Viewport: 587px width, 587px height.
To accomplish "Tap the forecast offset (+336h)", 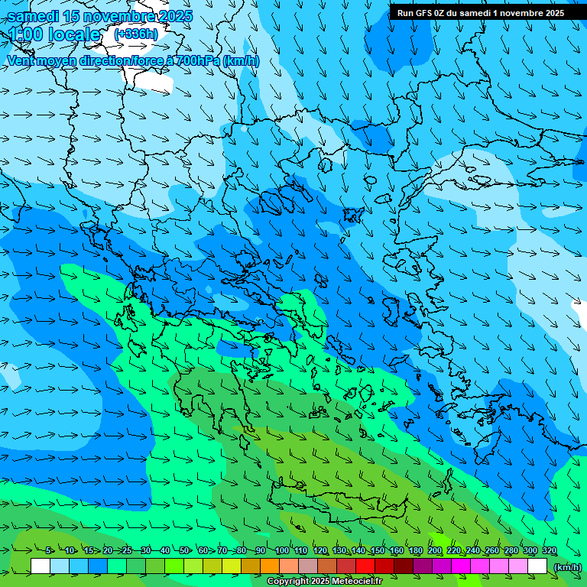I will click(x=136, y=34).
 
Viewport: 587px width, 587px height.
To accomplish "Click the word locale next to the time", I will click(x=73, y=34).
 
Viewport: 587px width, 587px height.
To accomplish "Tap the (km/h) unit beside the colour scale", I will click(x=567, y=566).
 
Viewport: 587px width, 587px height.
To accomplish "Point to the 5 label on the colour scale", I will click(x=48, y=551).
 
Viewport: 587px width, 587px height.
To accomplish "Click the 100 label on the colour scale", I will click(x=281, y=551).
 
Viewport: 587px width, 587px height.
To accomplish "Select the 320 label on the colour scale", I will click(x=549, y=551).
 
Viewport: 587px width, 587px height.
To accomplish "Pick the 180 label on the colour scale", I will click(x=415, y=551).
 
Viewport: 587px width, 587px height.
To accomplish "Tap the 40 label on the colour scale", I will click(x=165, y=551).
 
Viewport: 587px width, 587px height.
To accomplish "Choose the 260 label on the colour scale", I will click(x=491, y=551).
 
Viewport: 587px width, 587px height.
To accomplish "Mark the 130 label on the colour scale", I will click(x=339, y=551).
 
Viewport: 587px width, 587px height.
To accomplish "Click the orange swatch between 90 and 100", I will click(x=270, y=566).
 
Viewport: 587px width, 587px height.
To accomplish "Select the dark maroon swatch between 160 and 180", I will click(x=404, y=566).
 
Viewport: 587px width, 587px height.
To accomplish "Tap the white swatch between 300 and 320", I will click(x=537, y=566).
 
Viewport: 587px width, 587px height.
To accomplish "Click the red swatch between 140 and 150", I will click(x=365, y=566).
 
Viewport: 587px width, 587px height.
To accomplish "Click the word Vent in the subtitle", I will click(x=21, y=60).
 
